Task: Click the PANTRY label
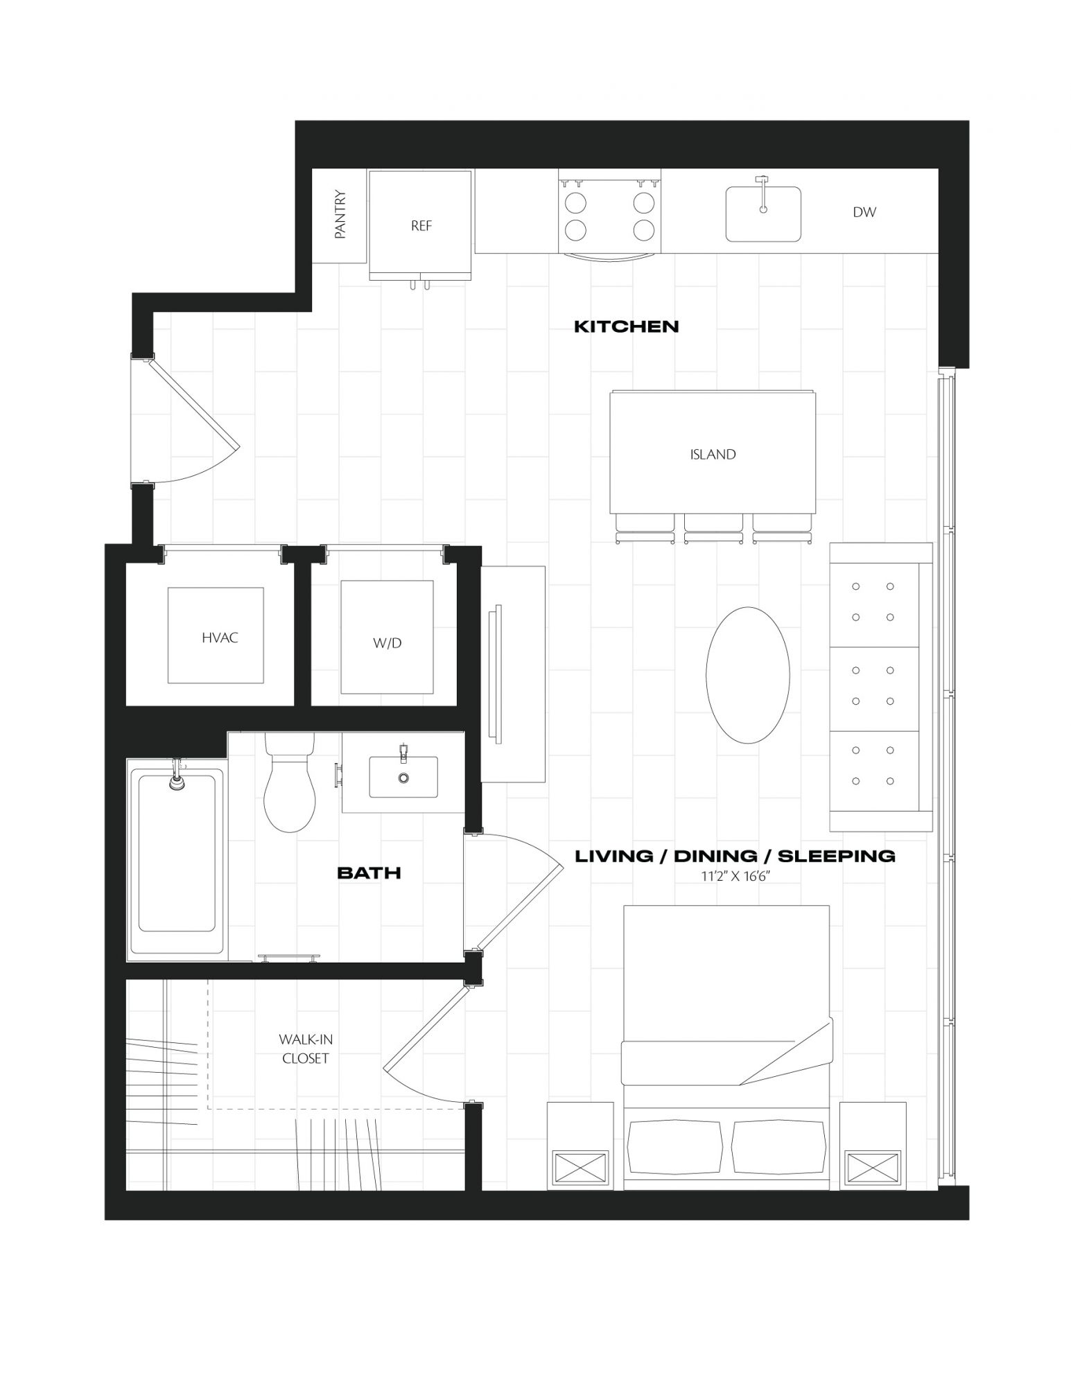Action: point(340,215)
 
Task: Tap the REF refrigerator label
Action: point(421,226)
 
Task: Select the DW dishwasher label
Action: point(864,213)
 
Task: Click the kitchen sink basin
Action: point(763,213)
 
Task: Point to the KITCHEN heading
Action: point(627,326)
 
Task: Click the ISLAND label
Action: point(713,455)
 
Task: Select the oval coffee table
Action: point(747,675)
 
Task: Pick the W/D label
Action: point(388,643)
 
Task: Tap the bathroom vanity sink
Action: point(403,777)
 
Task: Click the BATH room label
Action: point(369,872)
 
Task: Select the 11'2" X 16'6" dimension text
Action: point(736,877)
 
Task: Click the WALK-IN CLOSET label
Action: point(305,1049)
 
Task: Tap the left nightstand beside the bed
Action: point(580,1146)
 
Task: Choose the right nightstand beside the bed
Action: point(873,1146)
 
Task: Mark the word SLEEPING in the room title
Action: point(837,856)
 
